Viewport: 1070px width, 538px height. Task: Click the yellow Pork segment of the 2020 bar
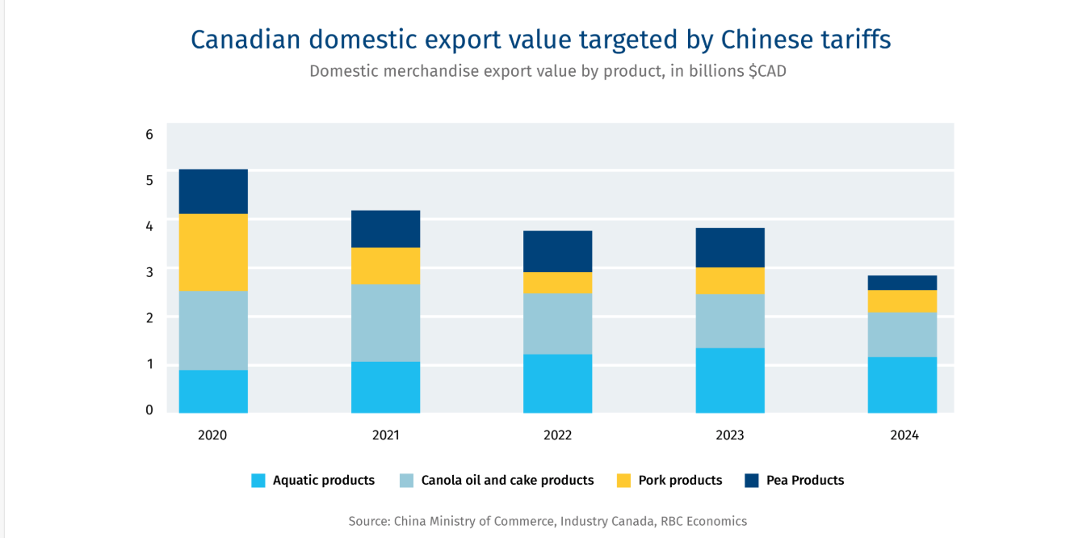point(213,252)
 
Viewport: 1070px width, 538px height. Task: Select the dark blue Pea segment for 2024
point(902,283)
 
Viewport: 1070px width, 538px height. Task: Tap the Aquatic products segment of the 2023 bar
point(730,380)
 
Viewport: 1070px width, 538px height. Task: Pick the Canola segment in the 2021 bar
point(385,322)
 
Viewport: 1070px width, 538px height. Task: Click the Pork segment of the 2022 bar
point(557,283)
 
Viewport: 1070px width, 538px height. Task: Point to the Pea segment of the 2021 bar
point(385,229)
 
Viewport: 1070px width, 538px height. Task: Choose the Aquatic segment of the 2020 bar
point(213,392)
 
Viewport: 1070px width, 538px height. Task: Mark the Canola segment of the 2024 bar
point(902,334)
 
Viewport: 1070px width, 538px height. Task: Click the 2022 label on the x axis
point(557,435)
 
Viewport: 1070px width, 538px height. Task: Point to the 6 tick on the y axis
point(149,134)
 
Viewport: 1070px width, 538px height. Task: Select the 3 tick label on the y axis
point(149,271)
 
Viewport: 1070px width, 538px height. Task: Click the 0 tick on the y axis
point(149,410)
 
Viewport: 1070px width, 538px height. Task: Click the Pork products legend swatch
point(623,481)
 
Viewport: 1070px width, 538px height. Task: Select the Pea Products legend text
point(805,480)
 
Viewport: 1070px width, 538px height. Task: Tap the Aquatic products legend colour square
point(258,481)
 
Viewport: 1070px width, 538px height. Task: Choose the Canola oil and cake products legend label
point(507,480)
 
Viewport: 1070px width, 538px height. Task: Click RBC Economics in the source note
point(703,521)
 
